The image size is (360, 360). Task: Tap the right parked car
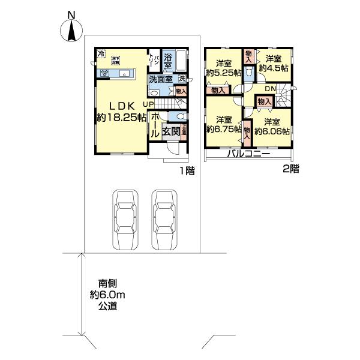click(164, 220)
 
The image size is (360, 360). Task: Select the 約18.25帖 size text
click(122, 117)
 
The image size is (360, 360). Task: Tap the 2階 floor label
click(290, 169)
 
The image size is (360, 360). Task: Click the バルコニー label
click(248, 154)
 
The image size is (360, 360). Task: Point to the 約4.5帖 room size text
click(274, 68)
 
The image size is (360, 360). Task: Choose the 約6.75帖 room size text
click(224, 128)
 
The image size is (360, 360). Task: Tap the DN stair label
click(270, 89)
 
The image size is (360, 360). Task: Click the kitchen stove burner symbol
click(104, 73)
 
